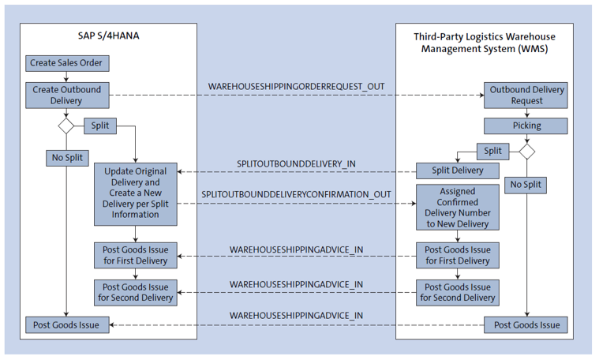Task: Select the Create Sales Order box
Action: click(x=66, y=62)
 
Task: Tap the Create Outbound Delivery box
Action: click(x=67, y=95)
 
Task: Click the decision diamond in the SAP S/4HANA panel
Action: click(x=66, y=126)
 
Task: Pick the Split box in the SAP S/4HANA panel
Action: click(x=100, y=126)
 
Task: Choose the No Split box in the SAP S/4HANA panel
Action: click(x=66, y=157)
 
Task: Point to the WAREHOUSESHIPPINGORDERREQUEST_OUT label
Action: click(x=296, y=84)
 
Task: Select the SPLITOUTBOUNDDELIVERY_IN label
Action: click(x=297, y=163)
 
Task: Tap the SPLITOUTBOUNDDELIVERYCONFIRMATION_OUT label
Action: click(x=296, y=193)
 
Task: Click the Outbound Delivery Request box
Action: click(x=526, y=96)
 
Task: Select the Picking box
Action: click(x=526, y=126)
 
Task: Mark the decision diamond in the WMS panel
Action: click(x=526, y=150)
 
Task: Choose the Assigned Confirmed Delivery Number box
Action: click(x=458, y=207)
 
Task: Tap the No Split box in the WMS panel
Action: click(x=526, y=186)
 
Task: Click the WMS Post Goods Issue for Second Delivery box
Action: click(x=458, y=292)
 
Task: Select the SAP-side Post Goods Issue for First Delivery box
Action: click(x=136, y=255)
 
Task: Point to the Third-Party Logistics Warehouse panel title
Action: click(x=484, y=43)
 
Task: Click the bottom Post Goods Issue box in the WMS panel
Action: click(x=526, y=324)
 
